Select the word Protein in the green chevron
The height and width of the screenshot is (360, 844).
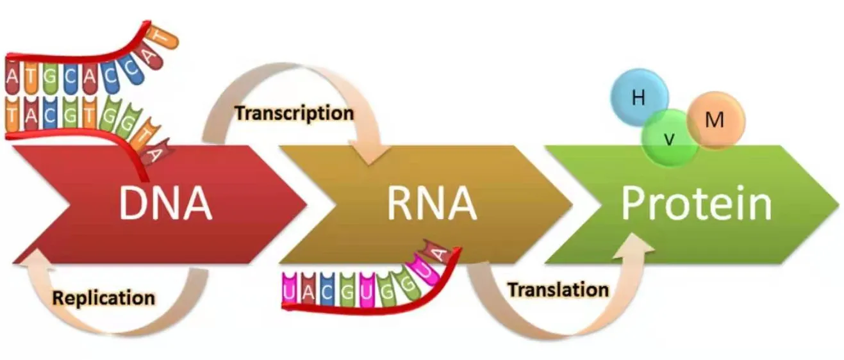tap(697, 203)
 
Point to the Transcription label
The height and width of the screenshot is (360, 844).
tap(294, 113)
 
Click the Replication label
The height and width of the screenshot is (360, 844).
tap(103, 298)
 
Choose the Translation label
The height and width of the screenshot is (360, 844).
tap(558, 290)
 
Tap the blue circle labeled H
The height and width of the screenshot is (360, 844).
tap(638, 98)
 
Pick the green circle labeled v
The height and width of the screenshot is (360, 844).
tap(669, 138)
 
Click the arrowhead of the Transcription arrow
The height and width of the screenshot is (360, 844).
tap(376, 154)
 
